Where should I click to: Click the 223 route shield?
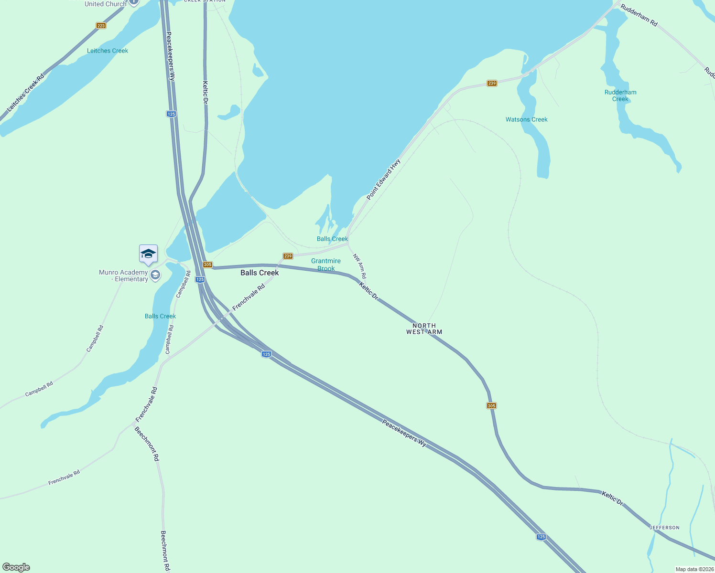point(101,25)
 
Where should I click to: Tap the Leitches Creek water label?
point(108,51)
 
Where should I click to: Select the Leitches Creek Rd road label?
point(26,93)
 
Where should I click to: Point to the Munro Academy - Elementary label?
point(123,276)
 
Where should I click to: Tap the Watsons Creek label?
point(526,119)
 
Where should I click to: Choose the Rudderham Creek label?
point(620,95)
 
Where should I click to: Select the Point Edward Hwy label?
point(383,180)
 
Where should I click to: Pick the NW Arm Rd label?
point(360,266)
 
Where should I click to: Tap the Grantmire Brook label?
point(326,265)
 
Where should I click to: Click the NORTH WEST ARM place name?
point(424,329)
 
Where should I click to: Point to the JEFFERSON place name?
point(664,528)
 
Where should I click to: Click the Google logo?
point(16,567)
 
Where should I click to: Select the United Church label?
point(105,4)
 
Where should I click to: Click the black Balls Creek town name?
point(260,273)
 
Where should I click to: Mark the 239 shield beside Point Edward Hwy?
point(492,83)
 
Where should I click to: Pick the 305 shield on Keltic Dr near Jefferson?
point(491,405)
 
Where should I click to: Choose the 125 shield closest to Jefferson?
point(541,537)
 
